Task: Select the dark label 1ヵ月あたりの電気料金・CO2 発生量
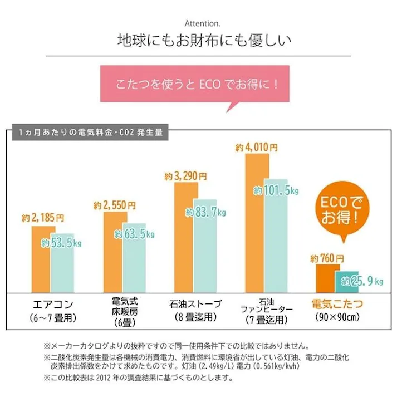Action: point(89,133)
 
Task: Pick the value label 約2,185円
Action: point(43,217)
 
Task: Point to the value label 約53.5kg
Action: point(61,243)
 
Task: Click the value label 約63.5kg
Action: point(134,234)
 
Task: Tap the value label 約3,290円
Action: point(185,176)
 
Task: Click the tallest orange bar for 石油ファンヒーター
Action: point(254,223)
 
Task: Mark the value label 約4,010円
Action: point(256,148)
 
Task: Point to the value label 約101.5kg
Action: point(277,190)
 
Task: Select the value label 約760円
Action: point(327,258)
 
